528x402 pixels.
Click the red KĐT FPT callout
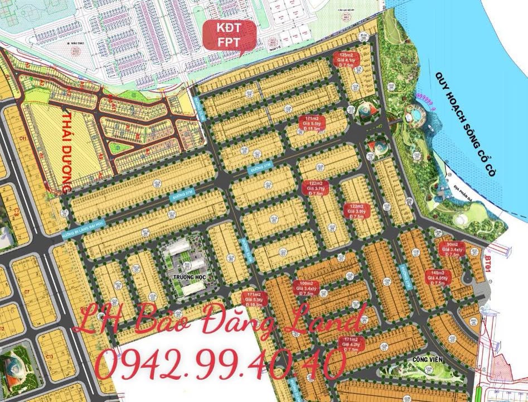point(229,35)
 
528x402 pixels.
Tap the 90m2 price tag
point(453,250)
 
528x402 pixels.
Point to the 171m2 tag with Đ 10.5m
point(254,299)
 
